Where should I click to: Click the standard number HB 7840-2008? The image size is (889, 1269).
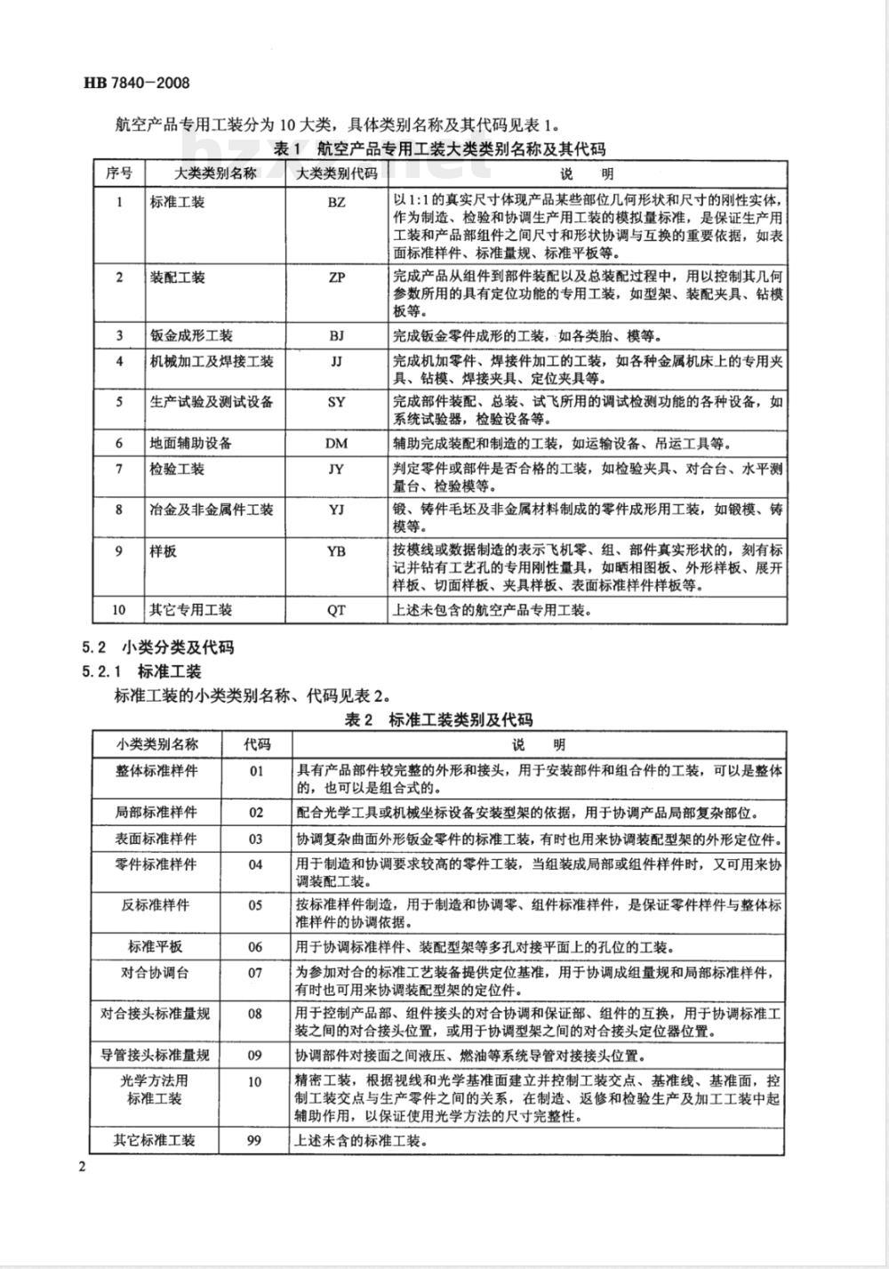coord(134,84)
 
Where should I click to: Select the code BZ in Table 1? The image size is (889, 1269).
coord(336,202)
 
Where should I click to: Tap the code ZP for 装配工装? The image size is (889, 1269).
coord(336,277)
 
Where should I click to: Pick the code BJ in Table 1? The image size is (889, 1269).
coord(336,335)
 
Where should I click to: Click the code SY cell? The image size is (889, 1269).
coord(336,402)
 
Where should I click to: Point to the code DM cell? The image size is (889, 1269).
coord(336,443)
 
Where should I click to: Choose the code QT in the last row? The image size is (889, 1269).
coord(336,610)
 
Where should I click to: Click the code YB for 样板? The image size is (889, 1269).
coord(336,551)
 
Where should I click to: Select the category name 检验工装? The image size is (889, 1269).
coord(178,469)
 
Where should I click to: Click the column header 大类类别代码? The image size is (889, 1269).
coord(337,173)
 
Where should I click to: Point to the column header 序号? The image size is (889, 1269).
coord(119,173)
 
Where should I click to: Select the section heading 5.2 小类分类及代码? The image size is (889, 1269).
coord(157,647)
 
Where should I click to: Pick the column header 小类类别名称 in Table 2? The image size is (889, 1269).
coord(156,744)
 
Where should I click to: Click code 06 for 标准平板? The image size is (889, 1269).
coord(255,947)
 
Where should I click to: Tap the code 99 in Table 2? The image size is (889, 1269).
coord(255,1139)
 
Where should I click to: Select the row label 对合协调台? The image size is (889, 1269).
coord(156,973)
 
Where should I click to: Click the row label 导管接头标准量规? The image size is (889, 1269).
coord(156,1056)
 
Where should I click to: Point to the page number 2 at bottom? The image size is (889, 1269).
coord(82,1167)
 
